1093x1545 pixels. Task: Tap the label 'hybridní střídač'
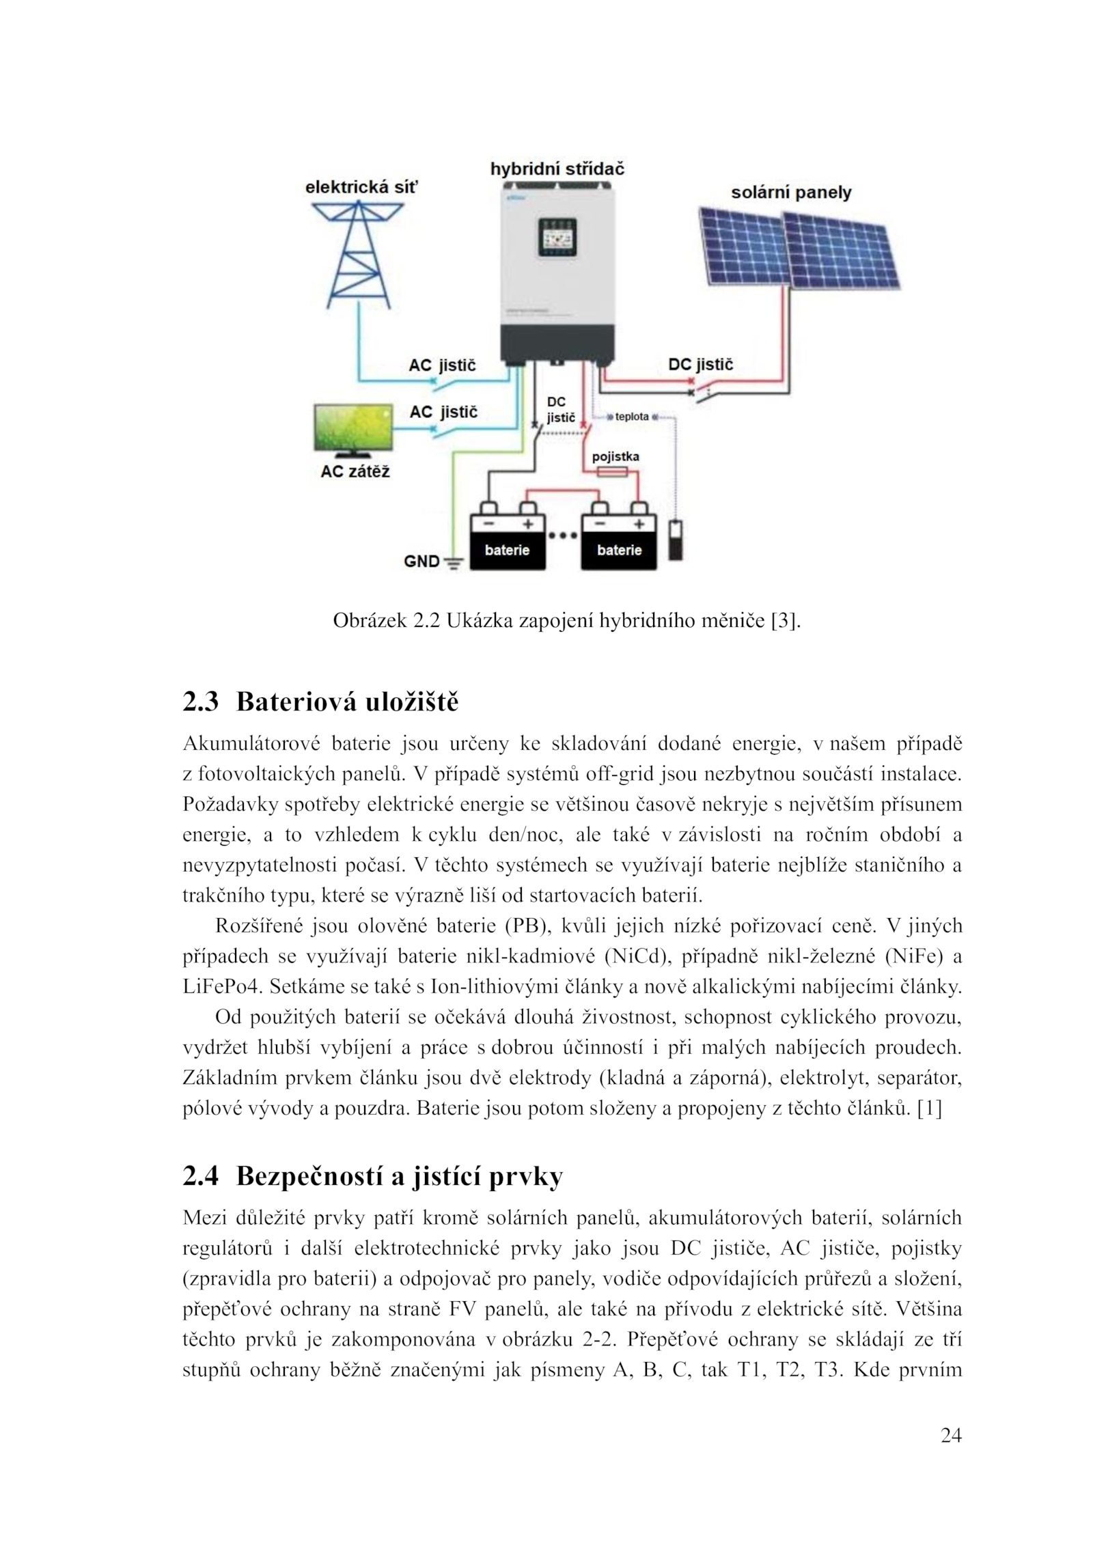[557, 169]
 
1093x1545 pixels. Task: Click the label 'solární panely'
[791, 192]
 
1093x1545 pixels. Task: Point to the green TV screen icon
[354, 428]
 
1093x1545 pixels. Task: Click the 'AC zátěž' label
[355, 471]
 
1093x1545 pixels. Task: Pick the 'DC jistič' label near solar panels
[700, 364]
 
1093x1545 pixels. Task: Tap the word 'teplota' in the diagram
[631, 417]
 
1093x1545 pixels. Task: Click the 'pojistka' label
[615, 456]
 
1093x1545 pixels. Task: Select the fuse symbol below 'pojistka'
[611, 473]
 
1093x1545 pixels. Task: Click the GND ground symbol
[452, 562]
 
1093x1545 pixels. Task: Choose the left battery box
[507, 542]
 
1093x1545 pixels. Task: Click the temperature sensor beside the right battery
[675, 540]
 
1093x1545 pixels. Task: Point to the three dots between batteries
[563, 536]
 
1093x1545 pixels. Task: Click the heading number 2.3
[200, 702]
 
